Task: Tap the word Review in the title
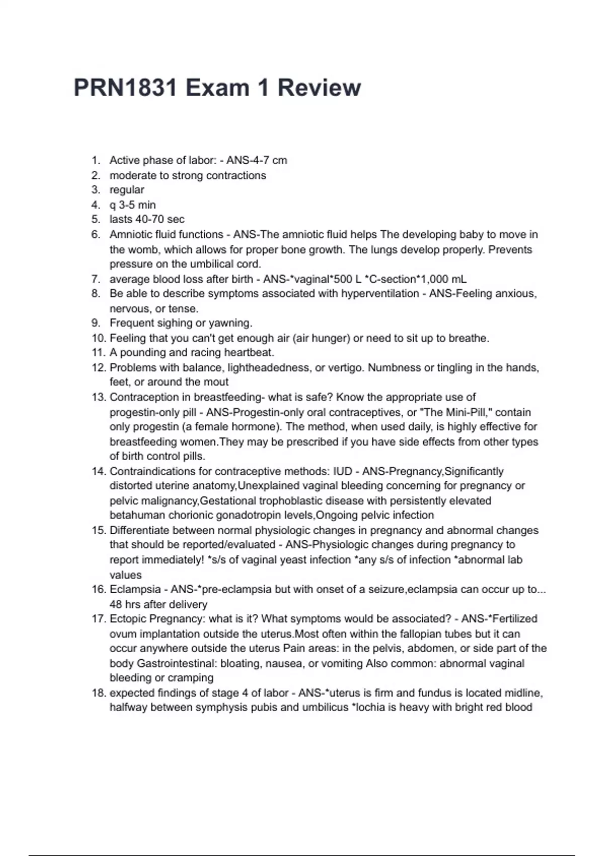[319, 88]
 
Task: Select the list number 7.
[96, 279]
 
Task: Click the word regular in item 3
[127, 190]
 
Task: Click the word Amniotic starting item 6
[131, 235]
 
